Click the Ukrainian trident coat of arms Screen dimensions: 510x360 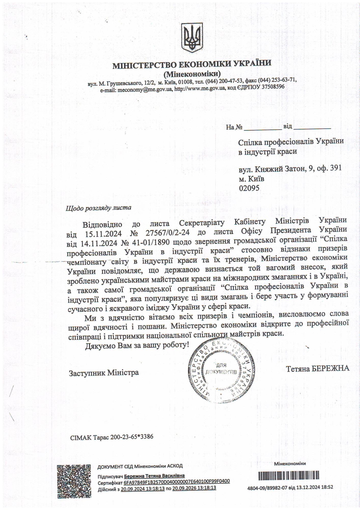192,37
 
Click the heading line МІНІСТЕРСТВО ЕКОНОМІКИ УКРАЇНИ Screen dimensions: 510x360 192,64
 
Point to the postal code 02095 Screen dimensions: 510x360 249,188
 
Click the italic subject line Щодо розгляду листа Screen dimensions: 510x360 98,208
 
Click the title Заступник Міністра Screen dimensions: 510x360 104,373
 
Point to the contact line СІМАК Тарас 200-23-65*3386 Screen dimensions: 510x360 112,437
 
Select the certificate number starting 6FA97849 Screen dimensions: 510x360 177,481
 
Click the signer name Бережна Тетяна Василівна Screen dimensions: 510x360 154,476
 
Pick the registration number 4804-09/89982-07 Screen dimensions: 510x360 267,487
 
